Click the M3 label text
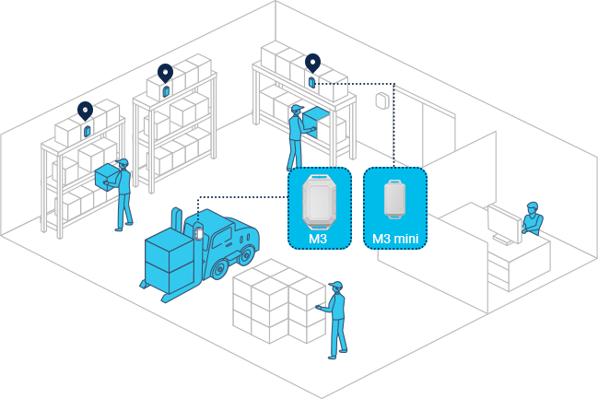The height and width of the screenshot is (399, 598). [x=318, y=240]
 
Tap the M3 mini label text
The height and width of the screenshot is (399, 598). [x=396, y=240]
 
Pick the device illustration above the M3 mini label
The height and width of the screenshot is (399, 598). [x=396, y=198]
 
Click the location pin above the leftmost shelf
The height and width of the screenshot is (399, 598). [x=86, y=111]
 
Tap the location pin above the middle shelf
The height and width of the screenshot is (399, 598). [x=166, y=72]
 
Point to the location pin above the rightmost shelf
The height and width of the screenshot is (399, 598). [x=312, y=63]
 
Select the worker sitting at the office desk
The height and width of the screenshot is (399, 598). [x=531, y=219]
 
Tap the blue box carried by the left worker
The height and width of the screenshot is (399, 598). [x=109, y=174]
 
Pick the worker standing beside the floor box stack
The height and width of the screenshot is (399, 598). [x=336, y=318]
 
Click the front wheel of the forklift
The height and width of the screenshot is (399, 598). [x=219, y=268]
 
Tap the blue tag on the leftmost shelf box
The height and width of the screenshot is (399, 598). [x=88, y=131]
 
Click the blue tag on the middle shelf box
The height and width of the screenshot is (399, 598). [x=167, y=92]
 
